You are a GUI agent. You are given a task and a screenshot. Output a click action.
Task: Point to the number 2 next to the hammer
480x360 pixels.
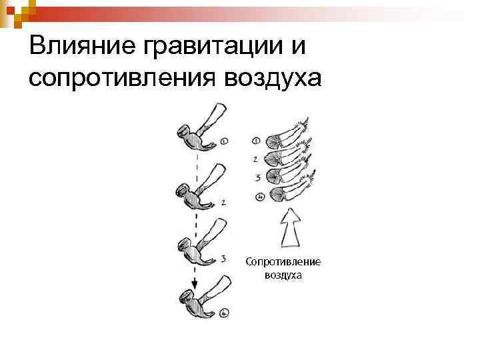point(223,201)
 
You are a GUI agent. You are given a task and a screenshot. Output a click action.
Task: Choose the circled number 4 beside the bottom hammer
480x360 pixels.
point(223,312)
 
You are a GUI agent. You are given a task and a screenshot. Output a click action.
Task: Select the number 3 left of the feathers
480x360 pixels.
point(256,178)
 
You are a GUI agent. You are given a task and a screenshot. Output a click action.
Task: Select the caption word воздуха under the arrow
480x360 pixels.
point(283,274)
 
